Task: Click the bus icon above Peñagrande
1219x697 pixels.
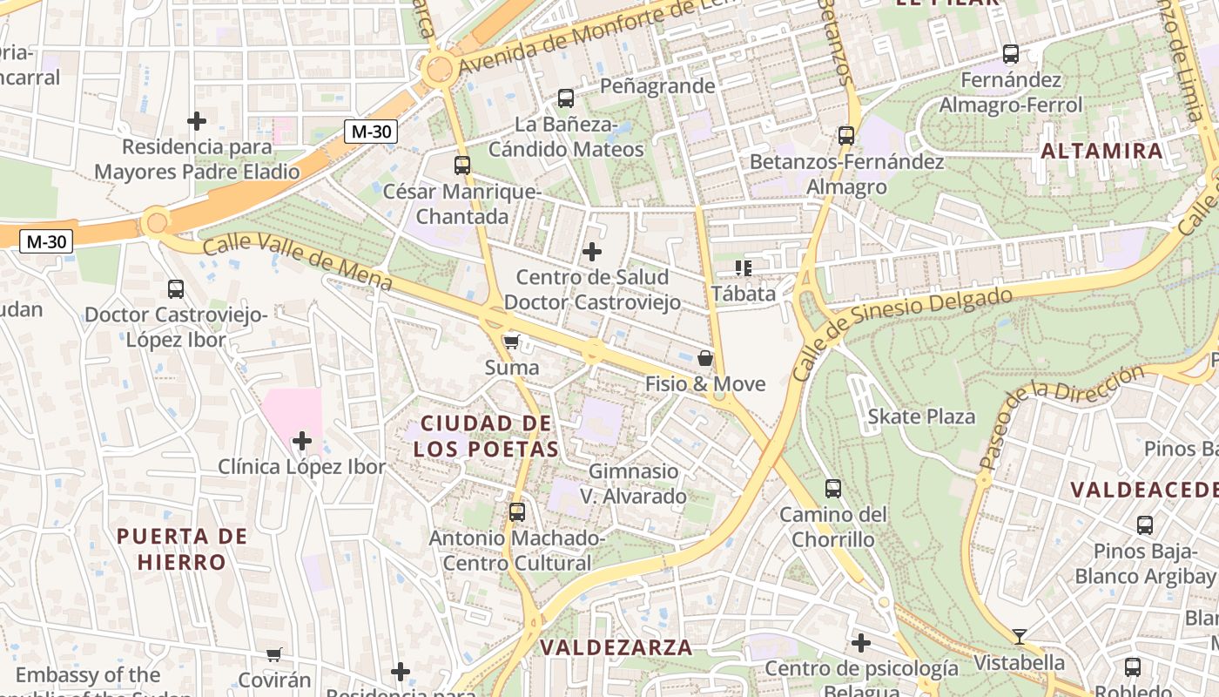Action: (566, 98)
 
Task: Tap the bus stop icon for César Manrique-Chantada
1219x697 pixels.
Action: (462, 165)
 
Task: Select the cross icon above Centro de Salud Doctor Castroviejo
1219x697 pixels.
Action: (592, 253)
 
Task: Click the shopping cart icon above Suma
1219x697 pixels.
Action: (512, 342)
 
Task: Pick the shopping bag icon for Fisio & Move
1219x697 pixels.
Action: (705, 358)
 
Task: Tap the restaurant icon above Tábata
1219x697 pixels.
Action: (743, 267)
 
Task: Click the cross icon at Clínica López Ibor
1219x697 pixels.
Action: (302, 441)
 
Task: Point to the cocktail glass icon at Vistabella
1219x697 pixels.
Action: (1020, 636)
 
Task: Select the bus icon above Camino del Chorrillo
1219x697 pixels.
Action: (833, 489)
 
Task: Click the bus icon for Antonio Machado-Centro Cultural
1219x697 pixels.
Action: (517, 511)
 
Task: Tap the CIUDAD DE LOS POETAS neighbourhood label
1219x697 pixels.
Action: (485, 436)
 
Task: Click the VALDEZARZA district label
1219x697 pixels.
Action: (616, 647)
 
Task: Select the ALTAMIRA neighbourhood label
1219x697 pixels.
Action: (1102, 151)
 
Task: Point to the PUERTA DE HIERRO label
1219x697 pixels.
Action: (182, 549)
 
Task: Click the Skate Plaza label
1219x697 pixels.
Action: (921, 416)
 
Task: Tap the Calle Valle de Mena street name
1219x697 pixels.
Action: (297, 263)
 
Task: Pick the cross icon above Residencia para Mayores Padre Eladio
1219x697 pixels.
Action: (197, 121)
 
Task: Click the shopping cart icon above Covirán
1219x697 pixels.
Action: (274, 654)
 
